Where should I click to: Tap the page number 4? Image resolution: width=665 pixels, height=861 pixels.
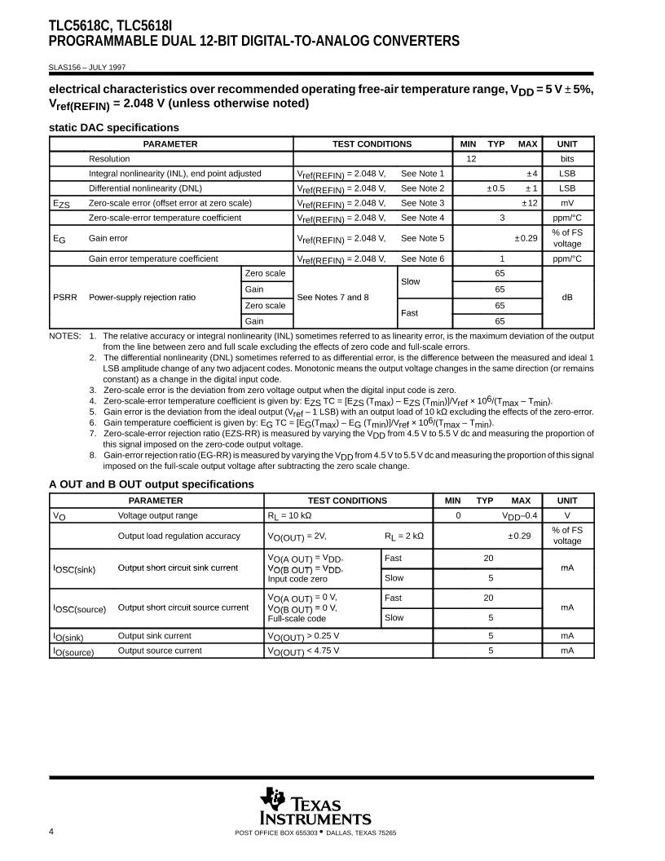[51, 832]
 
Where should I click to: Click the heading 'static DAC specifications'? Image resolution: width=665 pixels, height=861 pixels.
[113, 127]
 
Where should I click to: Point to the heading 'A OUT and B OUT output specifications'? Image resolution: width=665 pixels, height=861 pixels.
[151, 484]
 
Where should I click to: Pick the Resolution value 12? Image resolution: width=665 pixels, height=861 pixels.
[471, 159]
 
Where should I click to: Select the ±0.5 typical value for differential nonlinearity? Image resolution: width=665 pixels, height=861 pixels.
[495, 188]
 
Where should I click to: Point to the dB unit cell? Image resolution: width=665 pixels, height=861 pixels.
[567, 298]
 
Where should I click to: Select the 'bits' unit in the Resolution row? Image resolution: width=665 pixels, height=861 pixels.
[567, 159]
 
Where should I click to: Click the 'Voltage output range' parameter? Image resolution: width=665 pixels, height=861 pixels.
[157, 515]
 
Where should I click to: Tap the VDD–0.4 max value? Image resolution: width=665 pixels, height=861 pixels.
[519, 515]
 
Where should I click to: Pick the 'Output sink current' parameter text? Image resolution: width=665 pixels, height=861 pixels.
[155, 635]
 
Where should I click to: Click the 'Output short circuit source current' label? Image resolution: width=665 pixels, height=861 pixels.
[183, 607]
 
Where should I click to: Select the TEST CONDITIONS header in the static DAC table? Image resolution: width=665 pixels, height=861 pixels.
[372, 144]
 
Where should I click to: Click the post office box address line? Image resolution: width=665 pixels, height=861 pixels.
[315, 832]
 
